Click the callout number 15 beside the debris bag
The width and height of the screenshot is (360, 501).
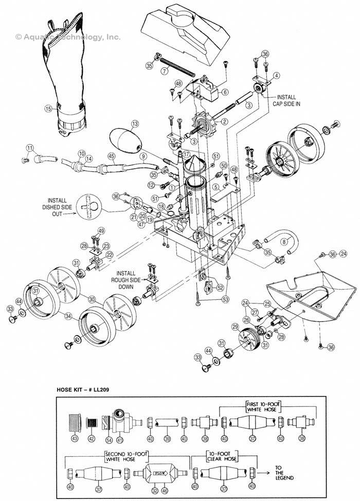(48, 109)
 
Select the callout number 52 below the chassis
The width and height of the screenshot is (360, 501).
(220, 288)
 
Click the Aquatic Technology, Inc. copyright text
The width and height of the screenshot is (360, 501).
(68, 37)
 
